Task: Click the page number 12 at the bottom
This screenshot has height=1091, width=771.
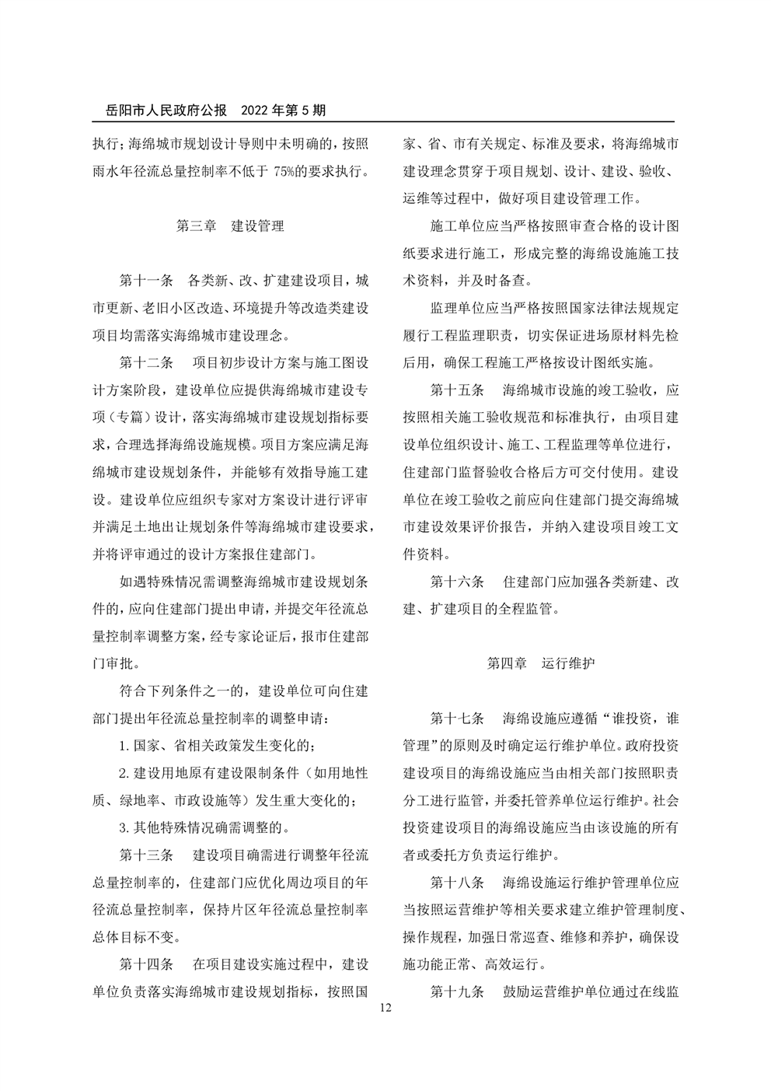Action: [x=385, y=1009]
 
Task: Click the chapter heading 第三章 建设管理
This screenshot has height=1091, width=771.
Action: [x=231, y=226]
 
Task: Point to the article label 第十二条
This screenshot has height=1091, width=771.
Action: [x=146, y=363]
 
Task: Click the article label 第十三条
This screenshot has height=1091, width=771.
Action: [x=146, y=855]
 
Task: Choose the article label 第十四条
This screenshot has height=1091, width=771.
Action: [x=146, y=964]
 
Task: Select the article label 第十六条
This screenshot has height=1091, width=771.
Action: [x=457, y=582]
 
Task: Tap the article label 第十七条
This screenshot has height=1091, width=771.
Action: [x=457, y=718]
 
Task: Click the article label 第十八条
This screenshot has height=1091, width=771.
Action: [x=457, y=883]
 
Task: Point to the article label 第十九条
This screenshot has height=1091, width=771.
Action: [x=457, y=991]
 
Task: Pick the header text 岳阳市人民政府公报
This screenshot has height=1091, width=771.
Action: [x=160, y=110]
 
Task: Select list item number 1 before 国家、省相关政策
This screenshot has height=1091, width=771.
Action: [x=124, y=745]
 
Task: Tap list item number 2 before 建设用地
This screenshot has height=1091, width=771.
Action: [x=124, y=772]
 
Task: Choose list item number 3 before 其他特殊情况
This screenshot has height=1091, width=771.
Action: [x=124, y=827]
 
